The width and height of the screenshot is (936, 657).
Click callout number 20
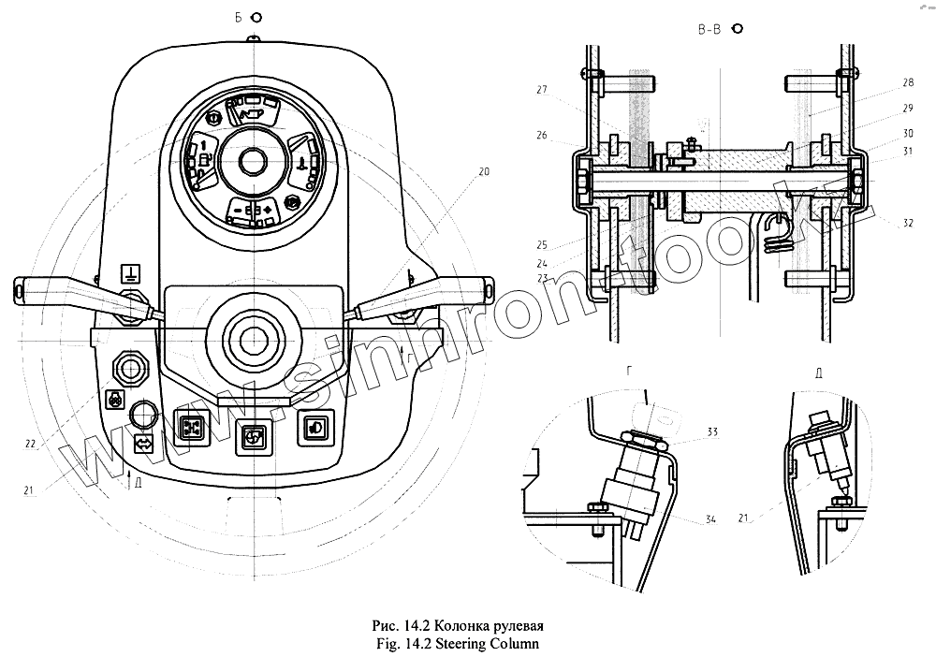[x=484, y=171]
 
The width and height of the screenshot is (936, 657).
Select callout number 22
[x=30, y=444]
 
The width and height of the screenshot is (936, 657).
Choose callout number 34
[x=712, y=520]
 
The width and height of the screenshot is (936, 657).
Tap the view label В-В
[x=709, y=29]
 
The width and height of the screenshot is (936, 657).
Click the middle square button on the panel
[x=251, y=434]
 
